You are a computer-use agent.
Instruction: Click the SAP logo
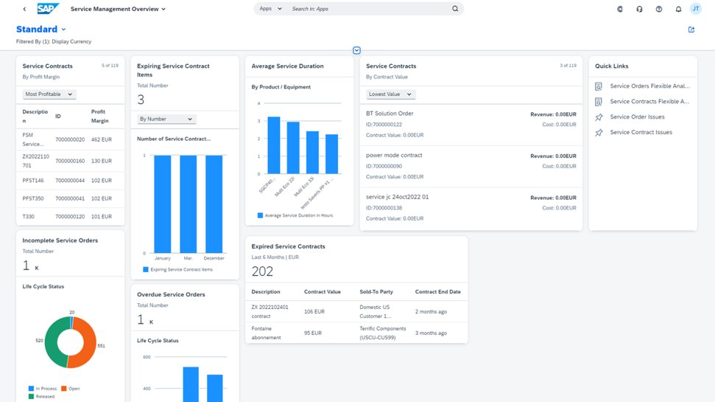[x=49, y=9]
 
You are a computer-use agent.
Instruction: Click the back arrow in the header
[x=24, y=10]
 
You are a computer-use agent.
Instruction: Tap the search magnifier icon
[x=455, y=9]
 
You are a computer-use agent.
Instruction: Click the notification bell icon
[x=678, y=9]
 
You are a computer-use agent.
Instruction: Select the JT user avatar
[x=696, y=9]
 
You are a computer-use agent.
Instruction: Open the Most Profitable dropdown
[x=49, y=94]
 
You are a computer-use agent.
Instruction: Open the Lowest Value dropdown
[x=391, y=94]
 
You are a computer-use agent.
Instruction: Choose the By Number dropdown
[x=166, y=119]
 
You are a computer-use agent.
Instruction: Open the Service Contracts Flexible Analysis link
[x=649, y=102]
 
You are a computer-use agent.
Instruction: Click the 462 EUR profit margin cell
[x=101, y=139]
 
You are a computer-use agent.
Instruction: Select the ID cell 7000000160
[x=69, y=161]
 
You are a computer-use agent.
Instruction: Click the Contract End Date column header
[x=437, y=292]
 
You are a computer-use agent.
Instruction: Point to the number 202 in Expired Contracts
[x=262, y=271]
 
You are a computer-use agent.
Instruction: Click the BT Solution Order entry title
[x=390, y=114]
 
